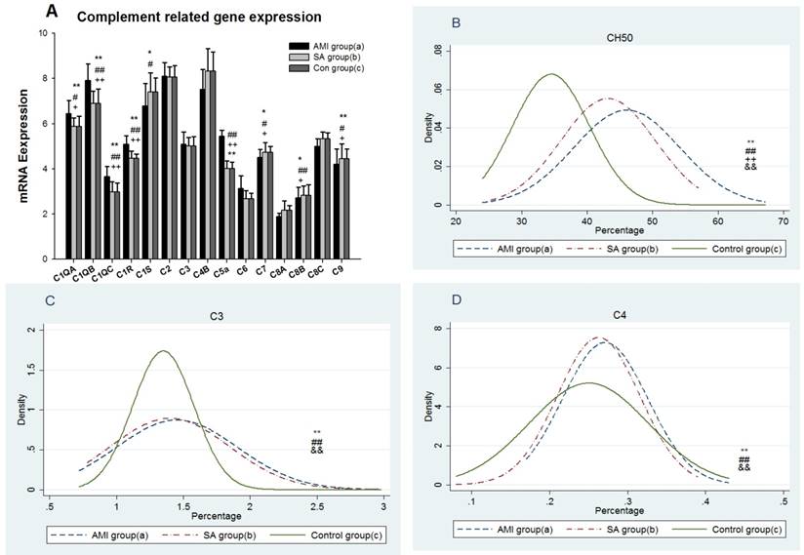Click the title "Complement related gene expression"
[199, 18]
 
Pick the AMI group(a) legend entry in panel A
[328, 46]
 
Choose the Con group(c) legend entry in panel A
[328, 69]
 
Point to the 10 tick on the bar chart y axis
[42, 33]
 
